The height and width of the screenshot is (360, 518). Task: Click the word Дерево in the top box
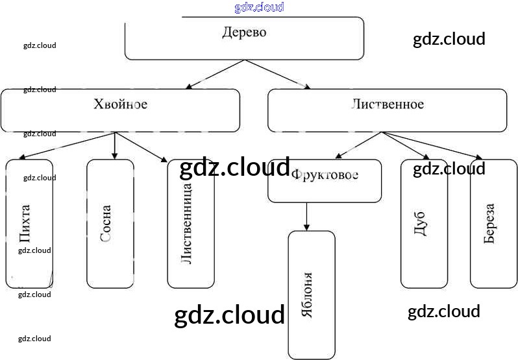[x=244, y=32]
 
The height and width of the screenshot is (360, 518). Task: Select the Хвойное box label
[x=121, y=104]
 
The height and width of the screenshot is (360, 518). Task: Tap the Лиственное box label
[x=388, y=104]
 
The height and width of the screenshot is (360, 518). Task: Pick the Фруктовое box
[x=325, y=175]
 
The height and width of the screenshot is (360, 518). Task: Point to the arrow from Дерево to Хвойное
[x=215, y=74]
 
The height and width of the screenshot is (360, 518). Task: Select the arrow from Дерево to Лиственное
[x=276, y=74]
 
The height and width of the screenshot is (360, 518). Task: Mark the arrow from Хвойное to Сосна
[x=114, y=145]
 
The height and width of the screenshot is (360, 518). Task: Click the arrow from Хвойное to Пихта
[x=68, y=145]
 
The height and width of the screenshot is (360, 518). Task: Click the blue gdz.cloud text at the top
[x=259, y=7]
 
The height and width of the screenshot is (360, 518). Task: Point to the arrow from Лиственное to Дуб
[x=406, y=145]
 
